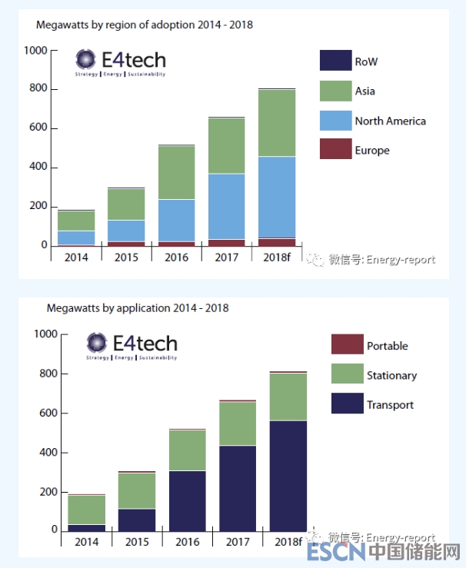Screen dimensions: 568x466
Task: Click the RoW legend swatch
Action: pyautogui.click(x=335, y=61)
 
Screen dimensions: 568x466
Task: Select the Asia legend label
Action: pyautogui.click(x=365, y=91)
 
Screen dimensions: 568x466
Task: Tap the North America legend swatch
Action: pyautogui.click(x=335, y=121)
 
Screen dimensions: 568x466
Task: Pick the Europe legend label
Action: pyautogui.click(x=372, y=151)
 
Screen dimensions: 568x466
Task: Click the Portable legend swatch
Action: pyautogui.click(x=347, y=345)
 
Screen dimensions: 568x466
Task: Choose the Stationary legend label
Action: pyautogui.click(x=391, y=375)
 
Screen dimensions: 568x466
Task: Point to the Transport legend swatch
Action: pyautogui.click(x=347, y=404)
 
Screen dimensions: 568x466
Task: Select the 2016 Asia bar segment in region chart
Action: pyautogui.click(x=176, y=172)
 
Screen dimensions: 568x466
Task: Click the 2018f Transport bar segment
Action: pyautogui.click(x=288, y=475)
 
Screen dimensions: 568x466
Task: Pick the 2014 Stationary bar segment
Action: pyautogui.click(x=87, y=510)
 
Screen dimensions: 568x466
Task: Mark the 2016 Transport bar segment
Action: pyautogui.click(x=188, y=500)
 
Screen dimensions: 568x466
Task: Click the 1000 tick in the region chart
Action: pyautogui.click(x=36, y=51)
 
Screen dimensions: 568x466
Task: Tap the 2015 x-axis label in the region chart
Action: pyautogui.click(x=126, y=257)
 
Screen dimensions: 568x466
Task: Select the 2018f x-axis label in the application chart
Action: pyautogui.click(x=288, y=542)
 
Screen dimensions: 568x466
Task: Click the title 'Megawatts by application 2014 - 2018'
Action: pyautogui.click(x=138, y=308)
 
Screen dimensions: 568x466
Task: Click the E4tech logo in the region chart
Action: pyautogui.click(x=121, y=61)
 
